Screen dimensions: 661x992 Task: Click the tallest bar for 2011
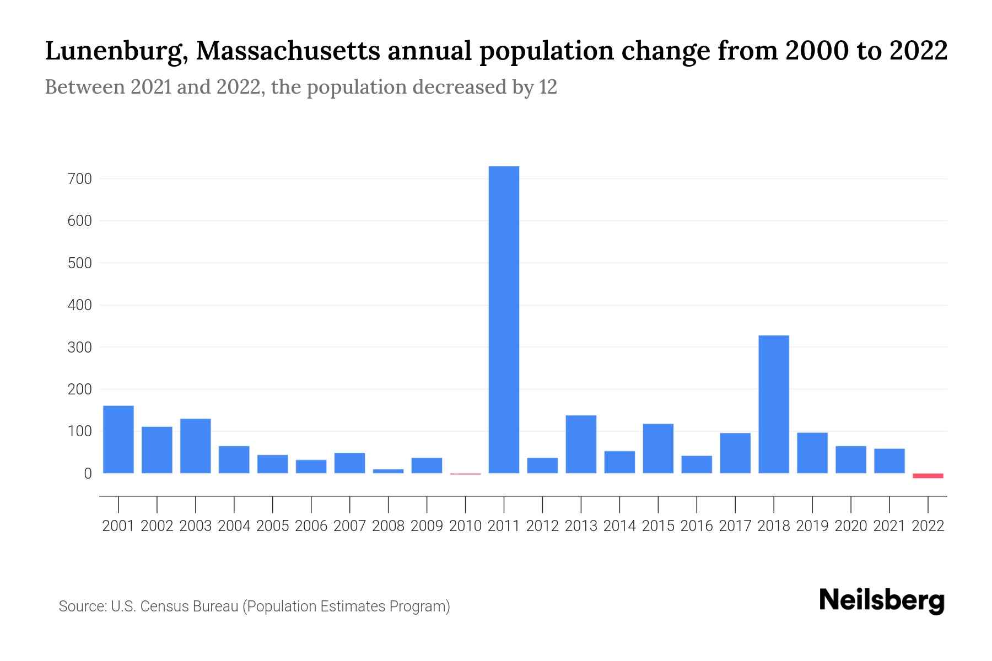(x=504, y=319)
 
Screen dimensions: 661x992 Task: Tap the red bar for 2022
(x=928, y=475)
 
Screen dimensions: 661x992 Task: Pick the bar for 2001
(x=118, y=439)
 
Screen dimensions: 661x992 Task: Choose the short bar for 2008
(x=389, y=471)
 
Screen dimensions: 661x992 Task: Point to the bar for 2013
(x=581, y=444)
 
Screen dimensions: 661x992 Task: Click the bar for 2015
(x=658, y=448)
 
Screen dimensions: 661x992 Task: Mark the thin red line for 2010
(x=465, y=474)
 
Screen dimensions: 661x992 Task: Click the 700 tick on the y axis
(x=80, y=179)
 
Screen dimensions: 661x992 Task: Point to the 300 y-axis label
(x=80, y=348)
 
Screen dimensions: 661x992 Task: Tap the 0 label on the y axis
(x=88, y=474)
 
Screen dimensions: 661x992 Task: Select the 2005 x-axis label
(x=273, y=526)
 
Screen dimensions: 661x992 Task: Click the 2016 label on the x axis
(x=697, y=526)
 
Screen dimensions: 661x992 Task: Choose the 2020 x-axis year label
(x=851, y=526)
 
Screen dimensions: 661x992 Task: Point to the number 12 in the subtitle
(x=548, y=87)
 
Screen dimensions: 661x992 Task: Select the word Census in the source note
(x=164, y=606)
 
